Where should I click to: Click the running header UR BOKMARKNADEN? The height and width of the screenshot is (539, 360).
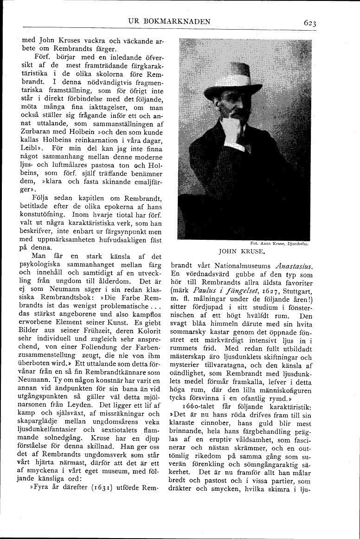click(x=170, y=21)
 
